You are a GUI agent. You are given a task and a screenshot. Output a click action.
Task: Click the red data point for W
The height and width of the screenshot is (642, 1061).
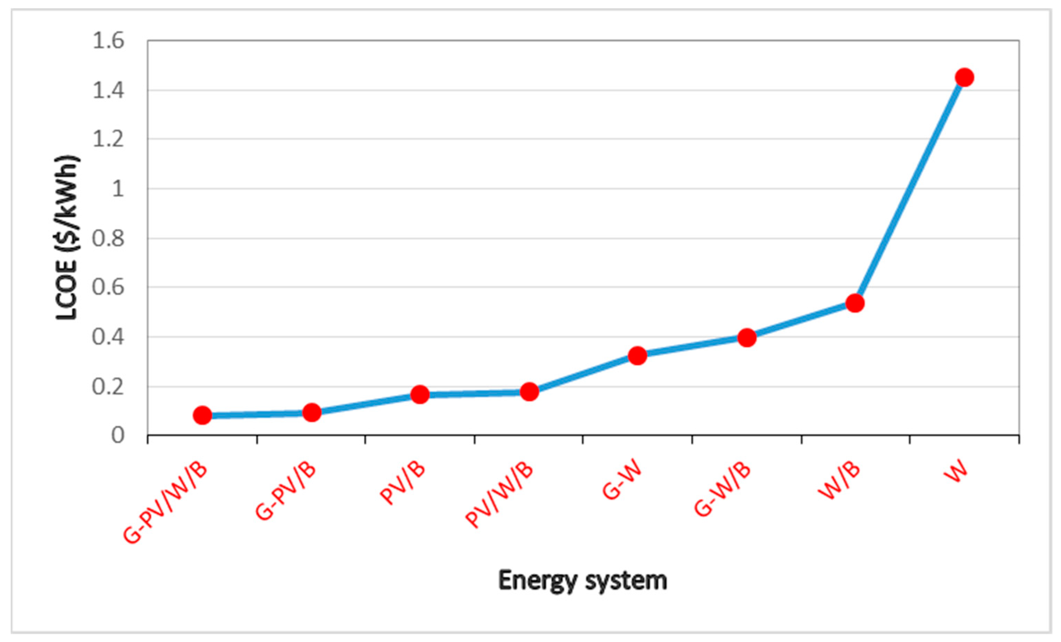(x=964, y=78)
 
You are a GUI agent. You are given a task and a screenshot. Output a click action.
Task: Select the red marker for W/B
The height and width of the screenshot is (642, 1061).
(x=855, y=303)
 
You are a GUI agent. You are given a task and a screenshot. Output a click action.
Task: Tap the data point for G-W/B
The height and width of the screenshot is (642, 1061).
(x=747, y=338)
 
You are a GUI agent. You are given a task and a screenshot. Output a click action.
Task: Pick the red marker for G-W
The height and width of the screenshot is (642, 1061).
(x=637, y=355)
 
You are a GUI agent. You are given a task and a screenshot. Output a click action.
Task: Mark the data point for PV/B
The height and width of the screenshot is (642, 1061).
(x=420, y=394)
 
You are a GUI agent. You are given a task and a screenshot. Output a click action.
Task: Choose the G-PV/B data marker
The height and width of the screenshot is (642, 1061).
(x=312, y=413)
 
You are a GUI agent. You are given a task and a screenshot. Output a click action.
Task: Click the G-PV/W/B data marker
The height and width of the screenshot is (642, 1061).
(x=202, y=415)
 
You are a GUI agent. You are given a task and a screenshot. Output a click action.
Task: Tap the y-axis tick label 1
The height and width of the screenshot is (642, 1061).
(x=117, y=189)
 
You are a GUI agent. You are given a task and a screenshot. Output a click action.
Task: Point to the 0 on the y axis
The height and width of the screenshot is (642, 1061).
(x=117, y=435)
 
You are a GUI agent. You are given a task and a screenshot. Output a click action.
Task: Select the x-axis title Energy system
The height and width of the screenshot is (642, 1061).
(x=582, y=580)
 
